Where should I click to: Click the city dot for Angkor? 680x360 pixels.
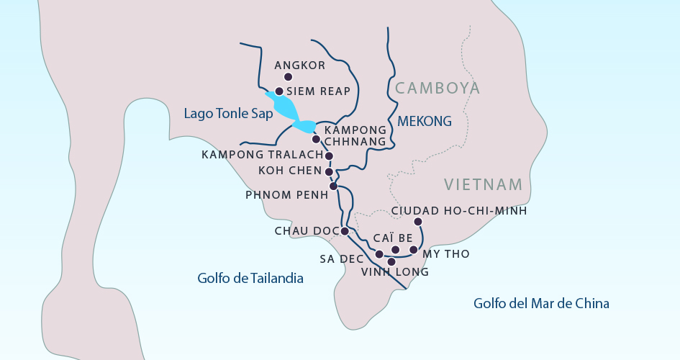[x=288, y=77]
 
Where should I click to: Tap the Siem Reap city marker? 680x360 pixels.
[x=279, y=91]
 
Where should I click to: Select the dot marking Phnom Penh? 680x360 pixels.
[x=333, y=186]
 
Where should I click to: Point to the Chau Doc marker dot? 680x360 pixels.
[x=345, y=231]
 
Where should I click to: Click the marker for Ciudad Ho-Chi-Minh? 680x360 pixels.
[x=418, y=222]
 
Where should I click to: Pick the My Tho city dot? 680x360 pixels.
[x=413, y=250]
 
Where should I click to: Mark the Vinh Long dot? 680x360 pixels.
[x=391, y=261]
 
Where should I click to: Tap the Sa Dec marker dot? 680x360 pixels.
[x=379, y=254]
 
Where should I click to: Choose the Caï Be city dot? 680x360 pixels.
[x=395, y=249]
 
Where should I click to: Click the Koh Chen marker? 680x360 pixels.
[x=329, y=172]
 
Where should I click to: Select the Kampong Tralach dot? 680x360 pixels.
[x=329, y=156]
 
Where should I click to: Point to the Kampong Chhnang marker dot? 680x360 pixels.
[x=315, y=139]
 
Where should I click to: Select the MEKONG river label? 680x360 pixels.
[x=425, y=121]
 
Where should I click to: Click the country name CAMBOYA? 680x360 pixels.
[x=437, y=89]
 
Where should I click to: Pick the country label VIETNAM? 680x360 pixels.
[x=483, y=184]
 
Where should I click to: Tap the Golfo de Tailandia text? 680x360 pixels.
[x=250, y=278]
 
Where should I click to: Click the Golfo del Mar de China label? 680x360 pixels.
[x=541, y=303]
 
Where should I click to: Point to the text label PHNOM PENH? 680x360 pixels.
[x=281, y=195]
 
